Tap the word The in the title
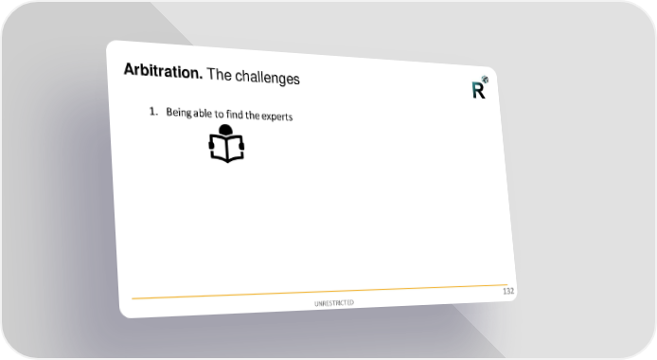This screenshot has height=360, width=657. [x=219, y=74]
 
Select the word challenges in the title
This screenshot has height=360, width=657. [x=267, y=77]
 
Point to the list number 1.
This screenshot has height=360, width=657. [x=153, y=112]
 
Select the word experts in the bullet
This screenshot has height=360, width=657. [x=277, y=117]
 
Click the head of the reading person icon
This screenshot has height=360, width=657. [x=225, y=130]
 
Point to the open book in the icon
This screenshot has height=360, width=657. [x=226, y=149]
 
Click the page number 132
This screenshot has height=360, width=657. [x=508, y=291]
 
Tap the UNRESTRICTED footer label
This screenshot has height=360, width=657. [x=334, y=303]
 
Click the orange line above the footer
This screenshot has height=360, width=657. [x=320, y=292]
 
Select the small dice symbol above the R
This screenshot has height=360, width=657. [x=485, y=79]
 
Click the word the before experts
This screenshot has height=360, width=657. [x=253, y=115]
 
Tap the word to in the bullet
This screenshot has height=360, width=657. [x=219, y=114]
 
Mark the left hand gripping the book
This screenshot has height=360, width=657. [x=211, y=145]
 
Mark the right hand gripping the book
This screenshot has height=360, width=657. [x=241, y=146]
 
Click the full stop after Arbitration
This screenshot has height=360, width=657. [x=201, y=78]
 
